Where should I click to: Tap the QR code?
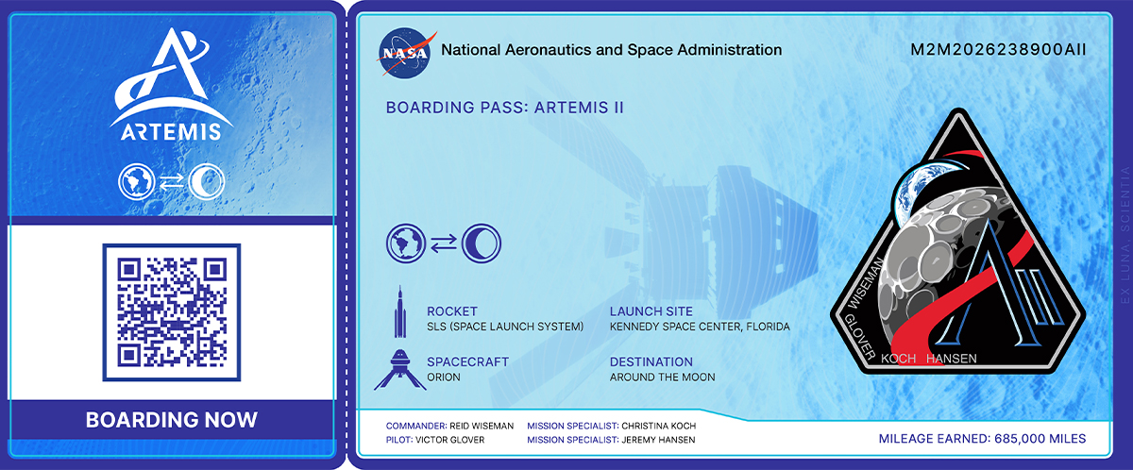pyautogui.click(x=172, y=312)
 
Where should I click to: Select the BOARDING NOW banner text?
pyautogui.click(x=172, y=420)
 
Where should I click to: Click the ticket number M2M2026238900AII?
pyautogui.click(x=997, y=50)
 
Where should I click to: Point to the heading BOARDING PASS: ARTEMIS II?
pyautogui.click(x=505, y=108)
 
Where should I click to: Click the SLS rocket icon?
pyautogui.click(x=399, y=312)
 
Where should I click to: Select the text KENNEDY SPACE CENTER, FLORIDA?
pyautogui.click(x=700, y=327)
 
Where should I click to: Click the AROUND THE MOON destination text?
pyautogui.click(x=663, y=378)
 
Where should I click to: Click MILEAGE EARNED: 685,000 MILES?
pyautogui.click(x=982, y=439)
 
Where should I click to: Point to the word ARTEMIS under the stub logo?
pyautogui.click(x=172, y=130)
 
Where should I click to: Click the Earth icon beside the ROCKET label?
pyautogui.click(x=401, y=243)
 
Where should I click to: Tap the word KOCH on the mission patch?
pyautogui.click(x=896, y=359)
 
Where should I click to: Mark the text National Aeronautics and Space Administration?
pyautogui.click(x=612, y=50)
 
